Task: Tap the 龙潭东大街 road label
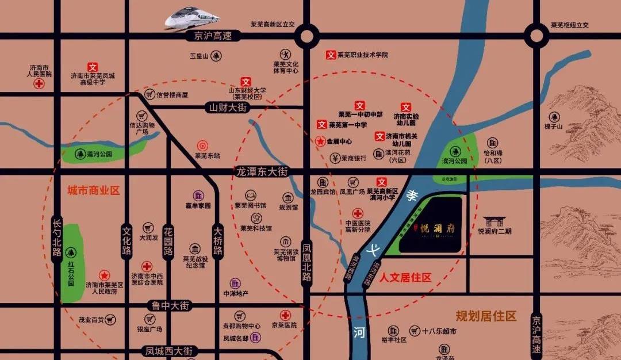click(x=260, y=171)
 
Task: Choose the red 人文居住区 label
click(x=405, y=278)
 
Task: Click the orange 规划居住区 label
click(x=486, y=316)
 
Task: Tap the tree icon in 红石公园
click(x=71, y=252)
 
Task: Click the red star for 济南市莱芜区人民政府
click(x=104, y=275)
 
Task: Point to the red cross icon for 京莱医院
click(x=285, y=315)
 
